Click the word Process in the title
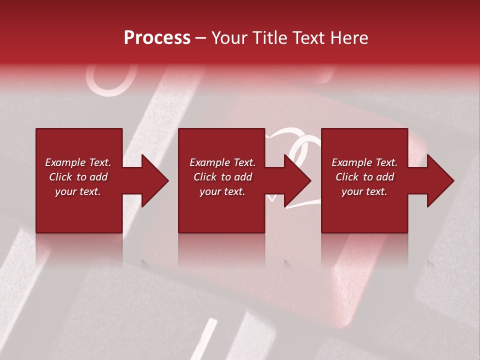157,38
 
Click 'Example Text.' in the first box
78,162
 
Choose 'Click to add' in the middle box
222,177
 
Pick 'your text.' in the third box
364,191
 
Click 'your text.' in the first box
78,191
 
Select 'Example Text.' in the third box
364,162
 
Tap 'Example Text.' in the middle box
222,162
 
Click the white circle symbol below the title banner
111,80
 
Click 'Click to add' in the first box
78,177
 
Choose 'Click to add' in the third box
364,177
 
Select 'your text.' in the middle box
222,191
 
